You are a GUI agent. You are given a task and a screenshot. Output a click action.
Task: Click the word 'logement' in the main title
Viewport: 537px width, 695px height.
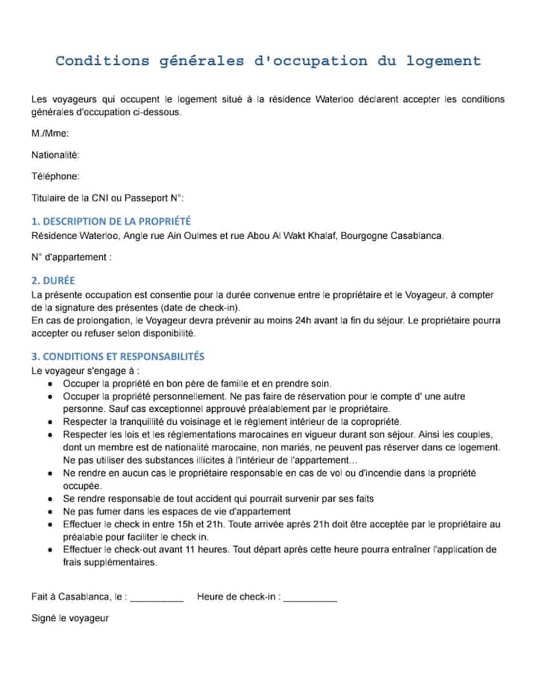444,61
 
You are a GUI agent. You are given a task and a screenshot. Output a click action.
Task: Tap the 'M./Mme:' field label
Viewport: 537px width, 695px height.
50,134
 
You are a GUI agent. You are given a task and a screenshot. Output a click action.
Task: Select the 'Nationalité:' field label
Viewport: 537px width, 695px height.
55,155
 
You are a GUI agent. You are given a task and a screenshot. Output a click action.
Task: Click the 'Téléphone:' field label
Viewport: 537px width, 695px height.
55,176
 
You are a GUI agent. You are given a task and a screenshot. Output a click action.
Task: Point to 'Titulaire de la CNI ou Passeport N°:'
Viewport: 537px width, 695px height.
107,198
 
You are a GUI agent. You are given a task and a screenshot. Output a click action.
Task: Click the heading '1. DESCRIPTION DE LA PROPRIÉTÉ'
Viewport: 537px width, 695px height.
111,222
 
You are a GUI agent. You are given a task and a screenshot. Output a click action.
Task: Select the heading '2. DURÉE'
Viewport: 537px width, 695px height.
53,281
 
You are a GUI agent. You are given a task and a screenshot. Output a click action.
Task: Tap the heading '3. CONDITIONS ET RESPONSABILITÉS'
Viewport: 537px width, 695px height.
118,357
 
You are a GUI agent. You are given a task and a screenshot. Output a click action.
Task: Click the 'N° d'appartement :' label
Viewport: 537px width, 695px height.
72,257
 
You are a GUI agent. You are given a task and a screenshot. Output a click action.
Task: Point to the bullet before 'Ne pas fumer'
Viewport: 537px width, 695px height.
49,512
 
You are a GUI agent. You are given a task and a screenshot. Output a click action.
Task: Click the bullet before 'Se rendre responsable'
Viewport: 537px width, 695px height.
49,499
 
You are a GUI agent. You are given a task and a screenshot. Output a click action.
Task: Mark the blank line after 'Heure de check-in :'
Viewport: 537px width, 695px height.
310,598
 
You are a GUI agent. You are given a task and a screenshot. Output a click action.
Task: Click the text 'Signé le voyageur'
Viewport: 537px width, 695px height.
70,618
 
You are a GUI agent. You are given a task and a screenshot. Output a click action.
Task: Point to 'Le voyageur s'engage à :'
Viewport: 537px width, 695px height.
86,370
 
